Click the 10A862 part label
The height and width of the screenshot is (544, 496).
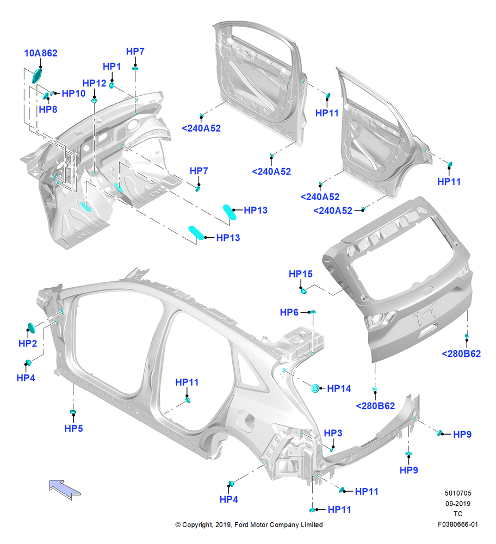41,53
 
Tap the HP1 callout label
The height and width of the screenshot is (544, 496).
111,66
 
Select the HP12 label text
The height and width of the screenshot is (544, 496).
94,83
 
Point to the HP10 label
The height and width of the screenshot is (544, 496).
73,94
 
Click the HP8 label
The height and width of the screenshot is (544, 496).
48,110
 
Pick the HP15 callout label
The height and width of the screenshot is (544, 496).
301,274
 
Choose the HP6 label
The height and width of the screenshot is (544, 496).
289,313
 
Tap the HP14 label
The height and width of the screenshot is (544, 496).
339,388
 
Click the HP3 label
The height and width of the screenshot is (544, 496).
333,434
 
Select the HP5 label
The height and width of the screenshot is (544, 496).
73,429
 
